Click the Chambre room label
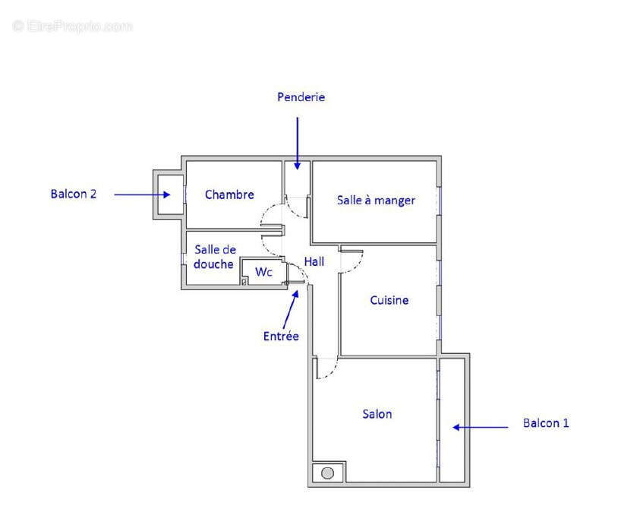229,194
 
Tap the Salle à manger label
376,201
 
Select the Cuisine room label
389,300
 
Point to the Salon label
377,414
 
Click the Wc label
263,271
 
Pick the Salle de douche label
214,257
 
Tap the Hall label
314,261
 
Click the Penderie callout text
301,97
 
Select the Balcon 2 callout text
74,194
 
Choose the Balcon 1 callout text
546,423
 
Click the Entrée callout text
281,336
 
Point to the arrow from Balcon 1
481,427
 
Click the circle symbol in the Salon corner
327,473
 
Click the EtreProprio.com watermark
73,27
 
